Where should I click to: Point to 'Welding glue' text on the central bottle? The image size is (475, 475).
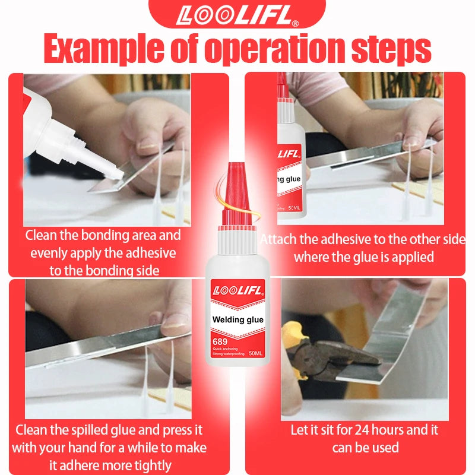coord(238,319)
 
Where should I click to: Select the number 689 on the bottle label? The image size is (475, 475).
coord(220,342)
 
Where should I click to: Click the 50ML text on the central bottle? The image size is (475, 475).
coord(255,353)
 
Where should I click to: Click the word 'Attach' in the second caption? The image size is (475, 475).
coord(278,239)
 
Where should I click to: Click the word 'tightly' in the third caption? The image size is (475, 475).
coord(153,465)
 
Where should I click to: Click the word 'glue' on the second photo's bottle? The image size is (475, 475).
coord(293,179)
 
